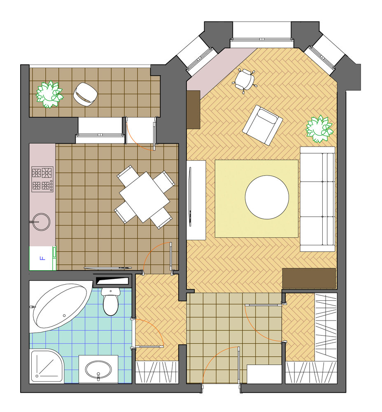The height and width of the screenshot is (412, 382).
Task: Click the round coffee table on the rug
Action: (x=267, y=197)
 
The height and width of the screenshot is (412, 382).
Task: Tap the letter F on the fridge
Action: (x=42, y=258)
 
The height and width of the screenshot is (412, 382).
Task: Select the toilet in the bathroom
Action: (x=111, y=301)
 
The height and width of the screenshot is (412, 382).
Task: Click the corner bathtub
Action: (x=59, y=306)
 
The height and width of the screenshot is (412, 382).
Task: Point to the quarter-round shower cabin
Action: (x=47, y=366)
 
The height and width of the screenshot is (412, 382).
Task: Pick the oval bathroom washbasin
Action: (x=98, y=370)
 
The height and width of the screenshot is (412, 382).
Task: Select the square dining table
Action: (x=144, y=197)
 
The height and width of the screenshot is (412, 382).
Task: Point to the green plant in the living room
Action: (x=319, y=129)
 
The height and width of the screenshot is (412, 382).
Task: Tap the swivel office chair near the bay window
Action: (x=244, y=80)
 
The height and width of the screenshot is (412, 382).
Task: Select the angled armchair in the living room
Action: (x=263, y=125)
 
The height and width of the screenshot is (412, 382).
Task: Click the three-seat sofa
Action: (x=318, y=199)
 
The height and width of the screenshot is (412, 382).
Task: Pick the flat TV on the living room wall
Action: (x=190, y=197)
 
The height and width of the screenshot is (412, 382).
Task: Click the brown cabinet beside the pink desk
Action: (x=193, y=110)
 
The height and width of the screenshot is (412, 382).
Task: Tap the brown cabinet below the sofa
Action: (x=309, y=278)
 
